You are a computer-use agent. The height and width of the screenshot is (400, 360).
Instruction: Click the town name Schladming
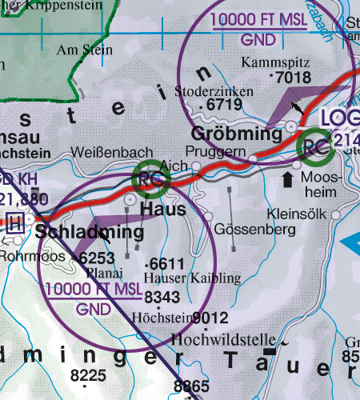pyautogui.click(x=90, y=233)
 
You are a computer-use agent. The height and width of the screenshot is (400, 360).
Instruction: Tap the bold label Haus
pyautogui.click(x=163, y=209)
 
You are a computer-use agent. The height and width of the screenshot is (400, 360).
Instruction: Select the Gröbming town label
pyautogui.click(x=238, y=134)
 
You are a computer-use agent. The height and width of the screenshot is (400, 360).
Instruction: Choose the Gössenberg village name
pyautogui.click(x=251, y=229)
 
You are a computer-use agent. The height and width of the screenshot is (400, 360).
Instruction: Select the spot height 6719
pyautogui.click(x=224, y=105)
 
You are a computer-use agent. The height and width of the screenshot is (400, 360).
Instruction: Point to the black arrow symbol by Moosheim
pyautogui.click(x=287, y=178)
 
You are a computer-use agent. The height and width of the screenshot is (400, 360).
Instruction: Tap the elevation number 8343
pyautogui.click(x=162, y=297)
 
